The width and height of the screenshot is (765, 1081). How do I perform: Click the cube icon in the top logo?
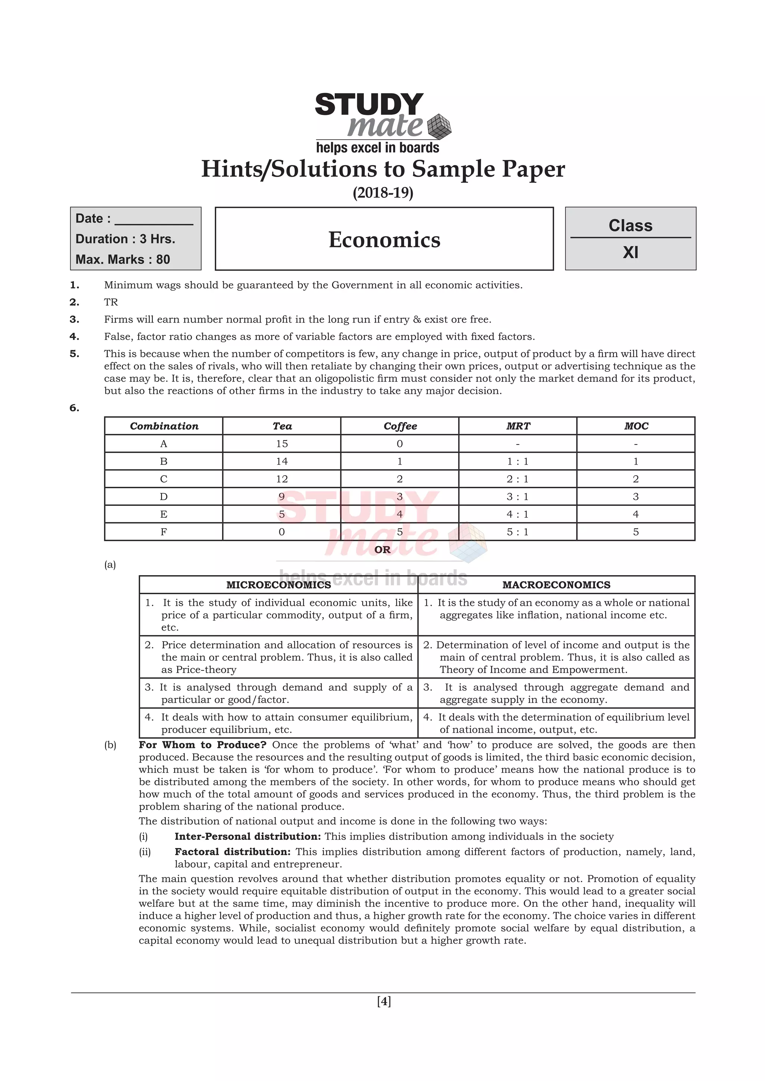tap(439, 126)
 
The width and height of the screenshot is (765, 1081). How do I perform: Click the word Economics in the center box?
tap(384, 240)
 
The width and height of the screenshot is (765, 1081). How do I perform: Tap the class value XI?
tap(630, 253)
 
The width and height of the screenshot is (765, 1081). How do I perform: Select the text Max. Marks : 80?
tap(123, 259)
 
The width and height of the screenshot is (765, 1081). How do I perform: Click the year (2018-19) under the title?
tap(382, 193)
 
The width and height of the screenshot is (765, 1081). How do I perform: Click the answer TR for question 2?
tap(111, 302)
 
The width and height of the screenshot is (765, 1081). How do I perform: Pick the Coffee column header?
tap(400, 426)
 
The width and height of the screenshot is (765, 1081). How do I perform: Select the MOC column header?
tap(636, 426)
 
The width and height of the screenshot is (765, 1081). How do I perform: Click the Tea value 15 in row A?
tap(282, 443)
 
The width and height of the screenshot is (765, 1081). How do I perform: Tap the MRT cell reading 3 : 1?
tap(517, 497)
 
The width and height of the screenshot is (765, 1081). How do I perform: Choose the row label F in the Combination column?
tap(164, 532)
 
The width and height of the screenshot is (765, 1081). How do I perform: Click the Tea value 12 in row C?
tap(282, 479)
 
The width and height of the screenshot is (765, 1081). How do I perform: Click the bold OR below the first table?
tap(382, 549)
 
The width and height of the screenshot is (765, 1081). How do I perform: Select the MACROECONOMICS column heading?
tap(556, 585)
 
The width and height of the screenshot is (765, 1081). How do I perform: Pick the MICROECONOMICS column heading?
tap(278, 585)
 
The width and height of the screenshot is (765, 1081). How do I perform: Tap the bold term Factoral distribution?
tap(232, 852)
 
